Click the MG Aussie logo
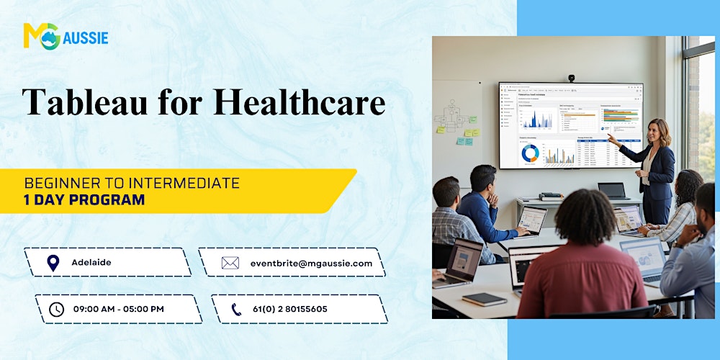click(66, 35)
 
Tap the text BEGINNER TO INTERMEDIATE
click(132, 184)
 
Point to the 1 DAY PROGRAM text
click(84, 199)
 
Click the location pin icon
click(53, 263)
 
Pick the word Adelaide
click(91, 263)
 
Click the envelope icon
click(230, 263)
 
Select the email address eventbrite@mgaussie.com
click(311, 263)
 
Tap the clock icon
click(56, 309)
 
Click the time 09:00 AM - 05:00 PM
click(119, 309)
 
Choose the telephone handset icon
click(236, 309)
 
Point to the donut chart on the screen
click(530, 153)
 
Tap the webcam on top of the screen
click(571, 78)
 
